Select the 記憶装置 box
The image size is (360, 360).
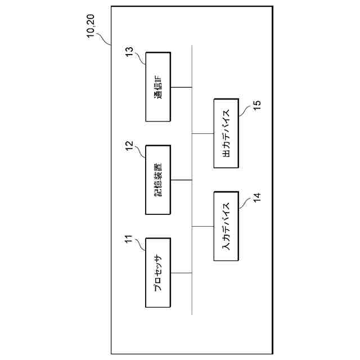(x=158, y=179)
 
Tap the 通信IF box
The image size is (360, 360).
(x=158, y=87)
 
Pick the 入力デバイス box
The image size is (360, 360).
(x=227, y=226)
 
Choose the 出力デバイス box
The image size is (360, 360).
(x=227, y=133)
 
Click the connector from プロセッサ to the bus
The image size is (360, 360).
(x=181, y=272)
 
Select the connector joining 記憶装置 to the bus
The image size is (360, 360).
(x=181, y=179)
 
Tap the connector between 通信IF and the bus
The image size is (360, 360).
(x=181, y=87)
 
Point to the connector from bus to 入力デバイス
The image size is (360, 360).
(x=203, y=226)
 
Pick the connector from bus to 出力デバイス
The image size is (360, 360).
(x=203, y=133)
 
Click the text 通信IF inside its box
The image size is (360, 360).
(x=158, y=87)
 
